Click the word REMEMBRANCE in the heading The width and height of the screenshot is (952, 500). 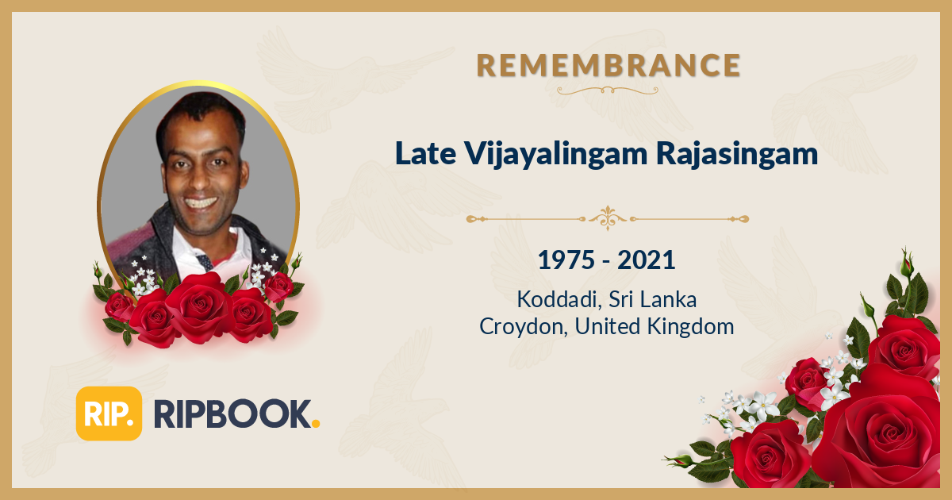tap(608, 65)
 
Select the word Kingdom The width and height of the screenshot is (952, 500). tap(693, 326)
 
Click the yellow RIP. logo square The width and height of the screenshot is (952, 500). tap(109, 413)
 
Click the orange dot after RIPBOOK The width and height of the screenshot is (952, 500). tap(316, 425)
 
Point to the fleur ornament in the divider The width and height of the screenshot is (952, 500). tap(608, 217)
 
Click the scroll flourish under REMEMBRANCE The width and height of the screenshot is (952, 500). tap(608, 90)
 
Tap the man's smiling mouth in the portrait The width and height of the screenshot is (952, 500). tap(202, 203)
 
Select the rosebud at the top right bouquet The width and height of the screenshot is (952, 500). tap(907, 261)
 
